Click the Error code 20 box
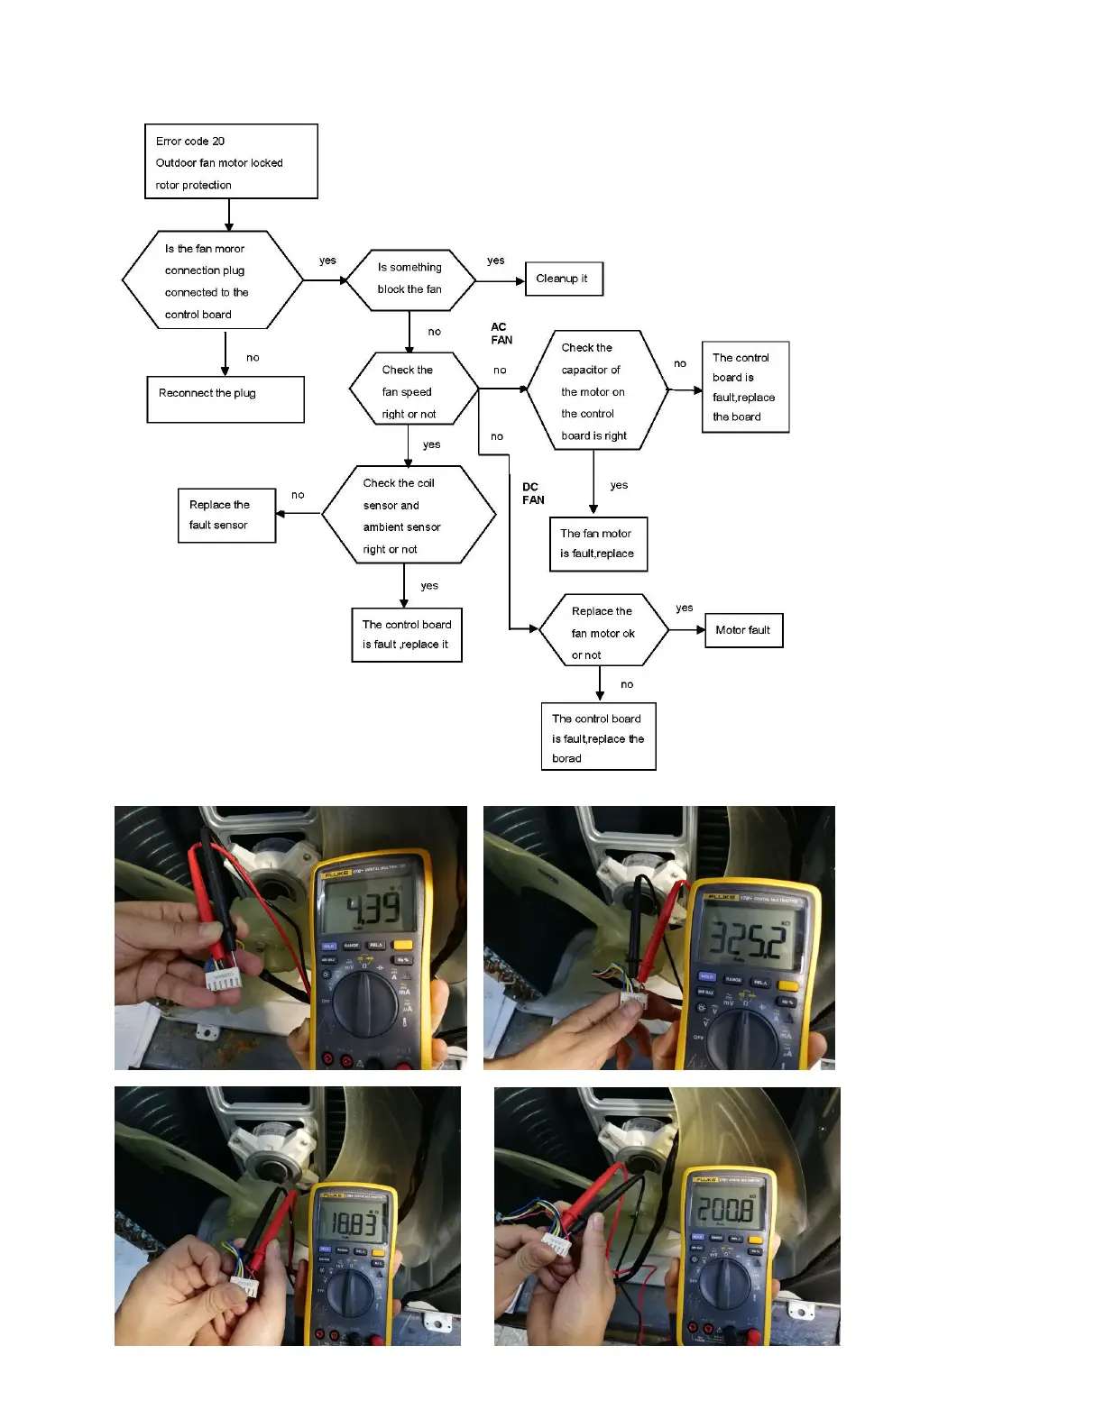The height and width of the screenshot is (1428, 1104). click(231, 161)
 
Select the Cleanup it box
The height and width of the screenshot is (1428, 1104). click(563, 279)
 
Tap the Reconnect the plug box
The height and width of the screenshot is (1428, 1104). click(225, 399)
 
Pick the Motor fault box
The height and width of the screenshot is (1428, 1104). click(743, 630)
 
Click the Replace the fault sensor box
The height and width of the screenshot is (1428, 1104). click(226, 515)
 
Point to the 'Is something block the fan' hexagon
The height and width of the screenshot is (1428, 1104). click(410, 279)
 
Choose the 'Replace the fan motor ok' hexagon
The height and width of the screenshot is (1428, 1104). click(603, 631)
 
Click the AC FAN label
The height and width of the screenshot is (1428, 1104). click(501, 334)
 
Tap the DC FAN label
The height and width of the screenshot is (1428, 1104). click(533, 493)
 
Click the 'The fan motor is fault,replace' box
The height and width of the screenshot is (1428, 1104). click(598, 544)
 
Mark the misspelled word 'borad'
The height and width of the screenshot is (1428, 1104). click(566, 759)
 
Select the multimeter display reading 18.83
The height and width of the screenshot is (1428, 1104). click(351, 1224)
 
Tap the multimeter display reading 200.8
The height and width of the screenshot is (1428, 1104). click(726, 1209)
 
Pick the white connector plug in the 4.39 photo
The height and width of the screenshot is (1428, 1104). click(219, 980)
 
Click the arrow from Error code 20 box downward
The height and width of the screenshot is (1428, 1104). click(229, 215)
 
